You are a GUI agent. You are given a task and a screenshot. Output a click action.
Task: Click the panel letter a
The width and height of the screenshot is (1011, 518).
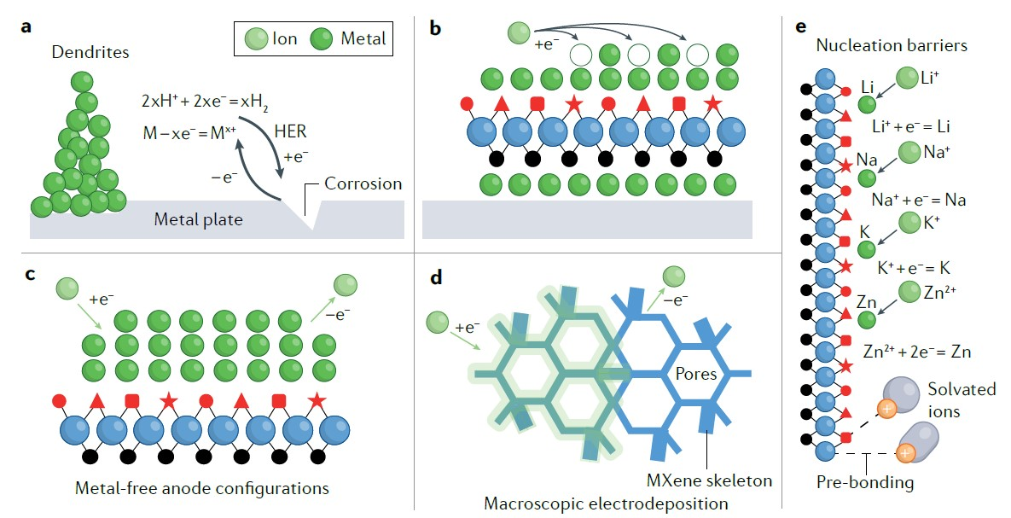[x=26, y=27]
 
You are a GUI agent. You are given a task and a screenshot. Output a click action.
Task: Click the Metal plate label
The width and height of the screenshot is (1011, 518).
[x=198, y=219]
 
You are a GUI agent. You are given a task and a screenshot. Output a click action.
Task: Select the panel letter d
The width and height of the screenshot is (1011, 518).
[x=436, y=277]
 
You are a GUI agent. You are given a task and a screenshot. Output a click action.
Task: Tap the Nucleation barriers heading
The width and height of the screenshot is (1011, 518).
[x=892, y=45]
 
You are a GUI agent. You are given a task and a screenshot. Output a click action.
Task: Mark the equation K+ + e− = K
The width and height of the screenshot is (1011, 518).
[x=914, y=266]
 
